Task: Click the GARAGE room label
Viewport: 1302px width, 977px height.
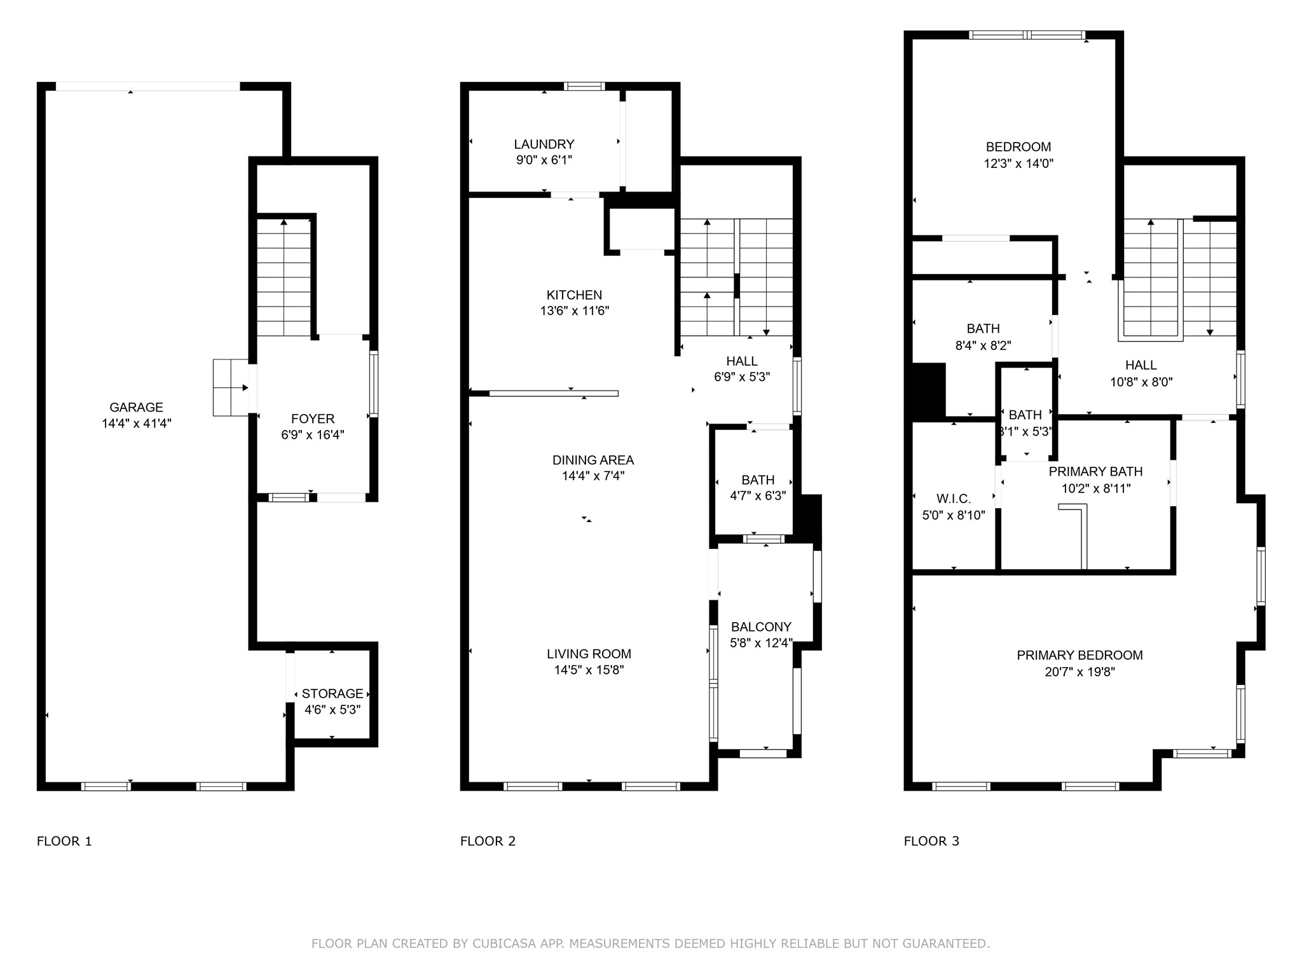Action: click(x=136, y=407)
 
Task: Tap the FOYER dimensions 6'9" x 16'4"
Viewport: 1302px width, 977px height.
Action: click(x=313, y=435)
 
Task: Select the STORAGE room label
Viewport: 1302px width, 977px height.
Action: click(x=332, y=693)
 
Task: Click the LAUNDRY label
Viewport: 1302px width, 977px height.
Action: click(x=544, y=144)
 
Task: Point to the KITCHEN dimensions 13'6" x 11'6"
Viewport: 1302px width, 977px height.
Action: click(x=574, y=311)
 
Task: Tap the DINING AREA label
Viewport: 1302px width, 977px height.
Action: click(x=593, y=460)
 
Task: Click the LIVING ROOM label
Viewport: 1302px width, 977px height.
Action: click(x=589, y=654)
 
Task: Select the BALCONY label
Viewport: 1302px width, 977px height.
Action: click(x=761, y=627)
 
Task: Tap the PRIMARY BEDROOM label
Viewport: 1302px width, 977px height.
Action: click(x=1079, y=655)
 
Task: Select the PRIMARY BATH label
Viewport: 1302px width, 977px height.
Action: click(x=1095, y=471)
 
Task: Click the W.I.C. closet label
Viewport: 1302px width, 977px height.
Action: click(x=954, y=499)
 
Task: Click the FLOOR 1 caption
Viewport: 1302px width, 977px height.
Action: click(x=64, y=841)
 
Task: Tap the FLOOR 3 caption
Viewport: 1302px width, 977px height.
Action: click(x=931, y=841)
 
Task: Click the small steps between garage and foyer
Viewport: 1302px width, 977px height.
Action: click(x=230, y=387)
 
